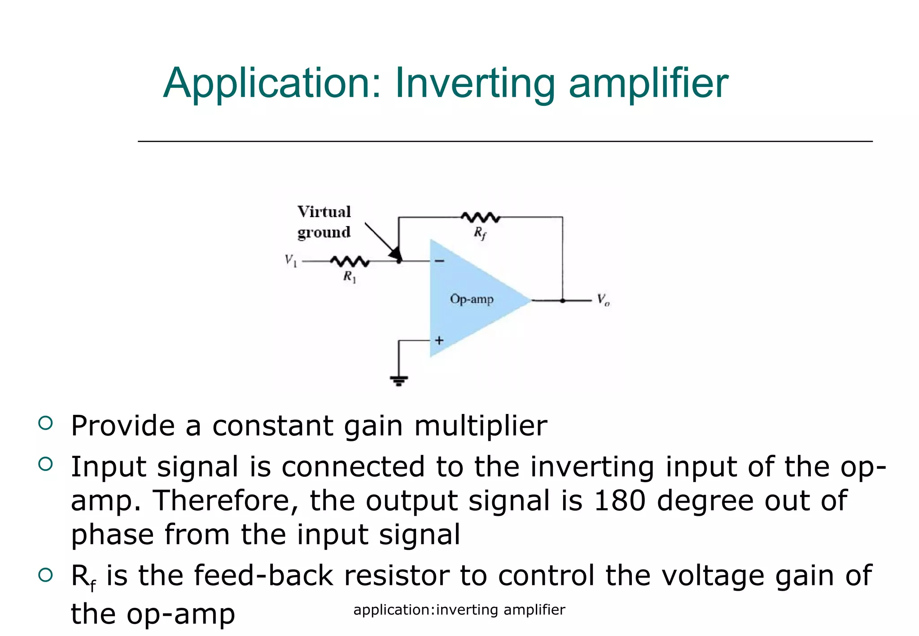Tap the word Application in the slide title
[x=272, y=84]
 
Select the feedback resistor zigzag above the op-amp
[x=480, y=218]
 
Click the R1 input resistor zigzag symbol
[x=350, y=261]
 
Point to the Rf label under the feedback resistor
[x=480, y=233]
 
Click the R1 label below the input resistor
[x=350, y=277]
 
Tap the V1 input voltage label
[x=291, y=260]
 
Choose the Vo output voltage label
[x=603, y=300]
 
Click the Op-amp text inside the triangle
[x=472, y=299]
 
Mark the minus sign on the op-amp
[x=439, y=261]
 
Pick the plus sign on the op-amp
[x=439, y=340]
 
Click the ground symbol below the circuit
[x=399, y=381]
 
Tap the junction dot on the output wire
[x=562, y=301]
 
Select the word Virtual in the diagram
[x=324, y=212]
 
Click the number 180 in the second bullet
[x=620, y=501]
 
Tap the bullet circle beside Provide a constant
[x=46, y=423]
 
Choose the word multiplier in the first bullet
[x=481, y=426]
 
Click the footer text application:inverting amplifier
[x=459, y=610]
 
